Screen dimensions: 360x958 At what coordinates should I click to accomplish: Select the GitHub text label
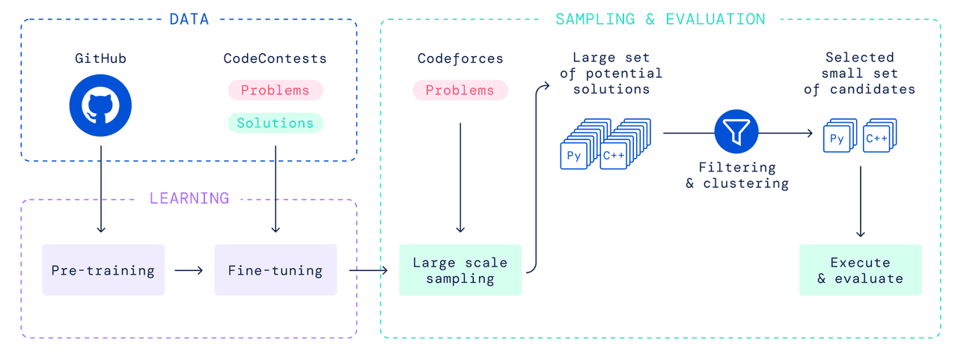pos(100,58)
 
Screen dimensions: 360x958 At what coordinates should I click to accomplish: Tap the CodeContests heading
pos(275,58)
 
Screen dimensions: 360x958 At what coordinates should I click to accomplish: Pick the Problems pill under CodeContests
pos(275,91)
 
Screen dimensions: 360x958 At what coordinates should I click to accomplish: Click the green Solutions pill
pos(275,123)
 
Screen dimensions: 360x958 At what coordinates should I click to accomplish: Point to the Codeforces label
pos(460,58)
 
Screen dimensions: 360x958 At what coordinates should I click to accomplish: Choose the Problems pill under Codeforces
pos(460,91)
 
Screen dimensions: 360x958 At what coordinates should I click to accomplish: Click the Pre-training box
pos(103,270)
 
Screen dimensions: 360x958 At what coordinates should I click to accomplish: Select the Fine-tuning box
pos(275,270)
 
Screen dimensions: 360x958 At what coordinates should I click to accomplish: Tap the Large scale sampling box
pos(460,270)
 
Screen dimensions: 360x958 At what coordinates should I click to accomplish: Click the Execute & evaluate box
pos(860,270)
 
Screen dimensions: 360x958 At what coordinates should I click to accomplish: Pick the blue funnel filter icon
pos(736,133)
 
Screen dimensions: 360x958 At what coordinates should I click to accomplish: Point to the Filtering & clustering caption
pos(736,176)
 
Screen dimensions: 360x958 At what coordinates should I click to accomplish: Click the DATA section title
pos(189,19)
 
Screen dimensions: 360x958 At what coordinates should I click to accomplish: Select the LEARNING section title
pos(189,199)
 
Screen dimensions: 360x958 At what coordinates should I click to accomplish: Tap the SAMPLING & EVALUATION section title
pos(660,19)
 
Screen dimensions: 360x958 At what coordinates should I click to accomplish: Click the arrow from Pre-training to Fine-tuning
pos(189,270)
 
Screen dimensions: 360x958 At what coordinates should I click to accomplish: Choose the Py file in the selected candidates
pos(837,139)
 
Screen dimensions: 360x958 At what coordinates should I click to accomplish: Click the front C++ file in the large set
pos(613,156)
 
